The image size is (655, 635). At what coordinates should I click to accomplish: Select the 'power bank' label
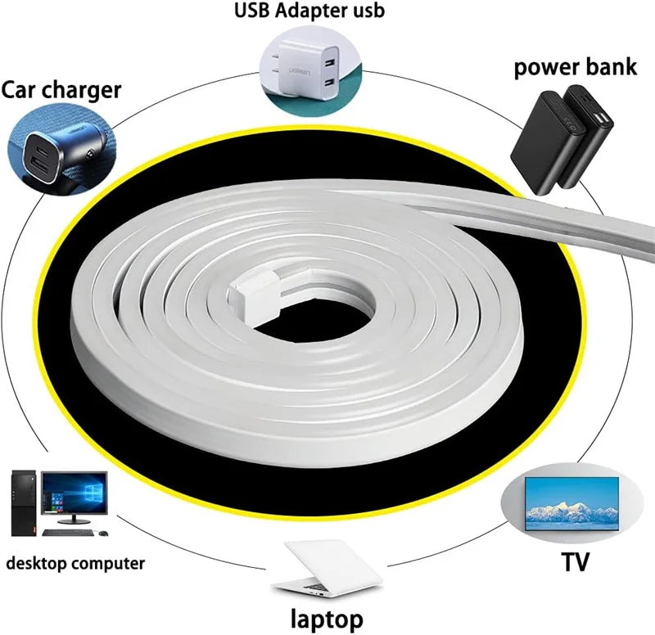coord(576,66)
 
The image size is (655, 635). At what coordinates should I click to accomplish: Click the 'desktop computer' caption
coord(75,562)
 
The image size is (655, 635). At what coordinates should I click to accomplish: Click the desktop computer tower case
coord(24,499)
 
